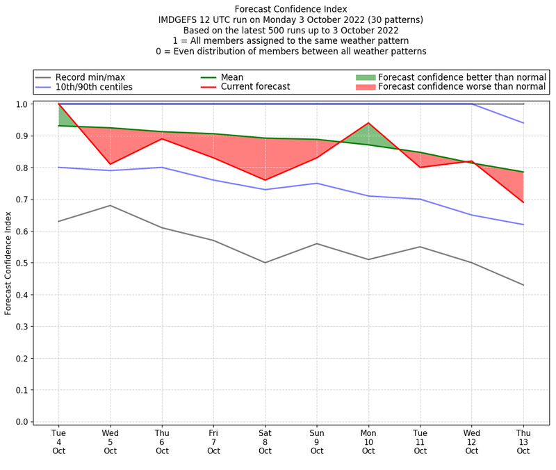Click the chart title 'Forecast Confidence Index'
coord(291,9)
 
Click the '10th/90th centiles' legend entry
coord(94,87)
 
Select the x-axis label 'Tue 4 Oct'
coord(58,441)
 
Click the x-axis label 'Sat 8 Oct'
coord(265,441)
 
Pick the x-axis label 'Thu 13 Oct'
coord(523,441)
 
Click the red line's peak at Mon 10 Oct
coord(368,123)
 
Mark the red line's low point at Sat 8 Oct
coord(265,180)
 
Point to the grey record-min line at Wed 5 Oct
coord(110,205)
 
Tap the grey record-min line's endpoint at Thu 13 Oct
coord(523,285)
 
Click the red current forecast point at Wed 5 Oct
coord(110,164)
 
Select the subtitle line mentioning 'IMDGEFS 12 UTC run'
coord(291,20)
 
